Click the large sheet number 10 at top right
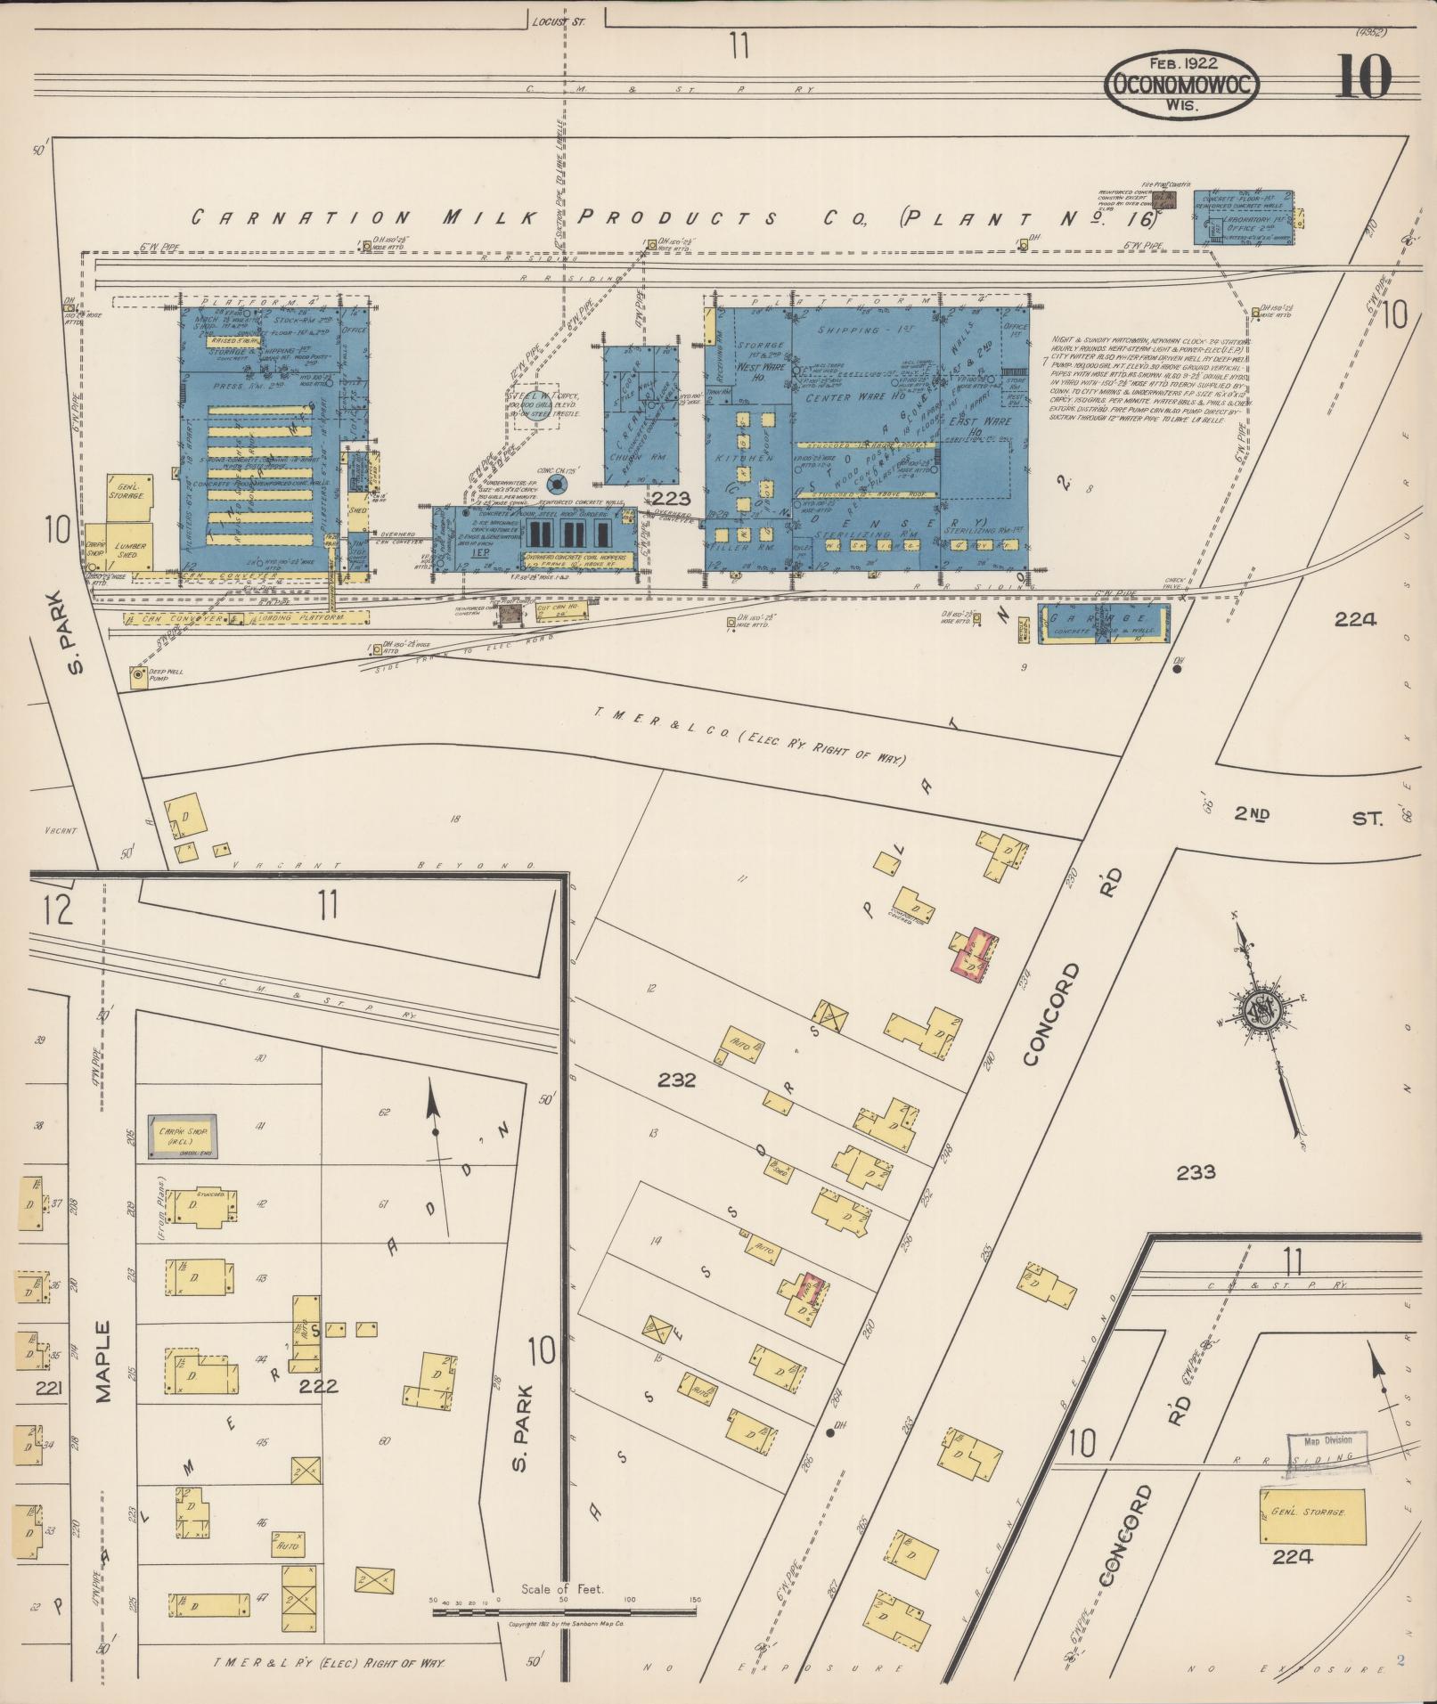tap(1363, 77)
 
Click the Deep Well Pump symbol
tap(139, 676)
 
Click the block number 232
tap(677, 1080)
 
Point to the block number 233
tap(1195, 1172)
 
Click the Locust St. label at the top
tap(557, 20)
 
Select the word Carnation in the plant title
tap(301, 217)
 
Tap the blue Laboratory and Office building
tap(1245, 216)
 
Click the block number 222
tap(318, 1386)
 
